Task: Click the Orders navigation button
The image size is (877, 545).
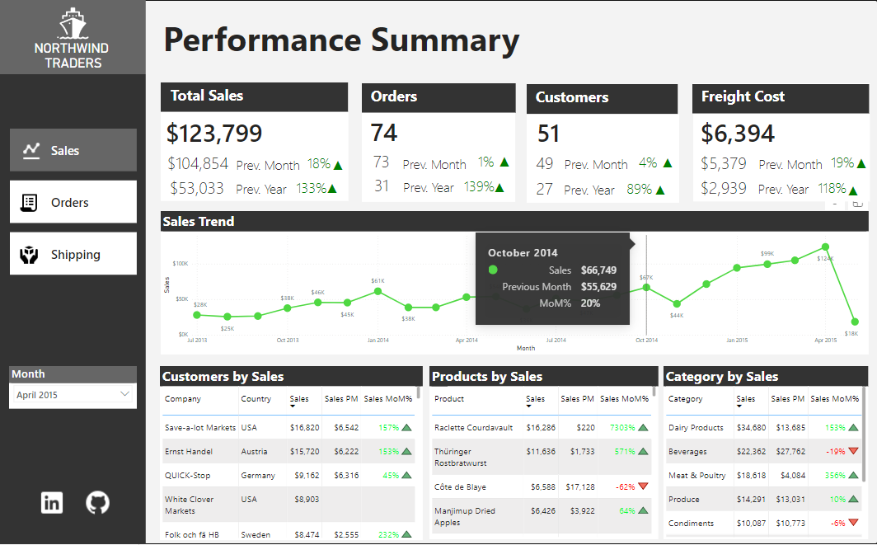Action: click(x=73, y=203)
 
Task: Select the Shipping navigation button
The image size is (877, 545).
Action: click(x=73, y=255)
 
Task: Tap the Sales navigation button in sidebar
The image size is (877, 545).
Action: click(x=73, y=151)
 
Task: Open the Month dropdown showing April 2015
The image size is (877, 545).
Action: click(x=73, y=395)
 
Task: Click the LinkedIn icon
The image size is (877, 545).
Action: click(x=52, y=502)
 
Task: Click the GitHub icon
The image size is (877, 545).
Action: click(x=97, y=502)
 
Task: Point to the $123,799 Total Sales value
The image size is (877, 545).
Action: click(x=214, y=134)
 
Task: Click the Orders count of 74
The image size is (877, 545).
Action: click(x=384, y=133)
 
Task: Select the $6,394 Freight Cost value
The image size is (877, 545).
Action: click(x=738, y=134)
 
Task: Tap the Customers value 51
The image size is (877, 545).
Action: click(x=549, y=134)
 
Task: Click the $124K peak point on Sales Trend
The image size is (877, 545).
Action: click(x=824, y=247)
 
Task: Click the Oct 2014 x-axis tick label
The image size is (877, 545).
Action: click(x=646, y=340)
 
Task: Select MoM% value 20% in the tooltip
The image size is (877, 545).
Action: click(x=590, y=303)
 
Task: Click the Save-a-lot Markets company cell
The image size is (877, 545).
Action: click(x=199, y=428)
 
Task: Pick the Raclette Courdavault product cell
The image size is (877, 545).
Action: click(x=473, y=428)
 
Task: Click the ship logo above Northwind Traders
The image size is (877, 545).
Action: click(x=73, y=23)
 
